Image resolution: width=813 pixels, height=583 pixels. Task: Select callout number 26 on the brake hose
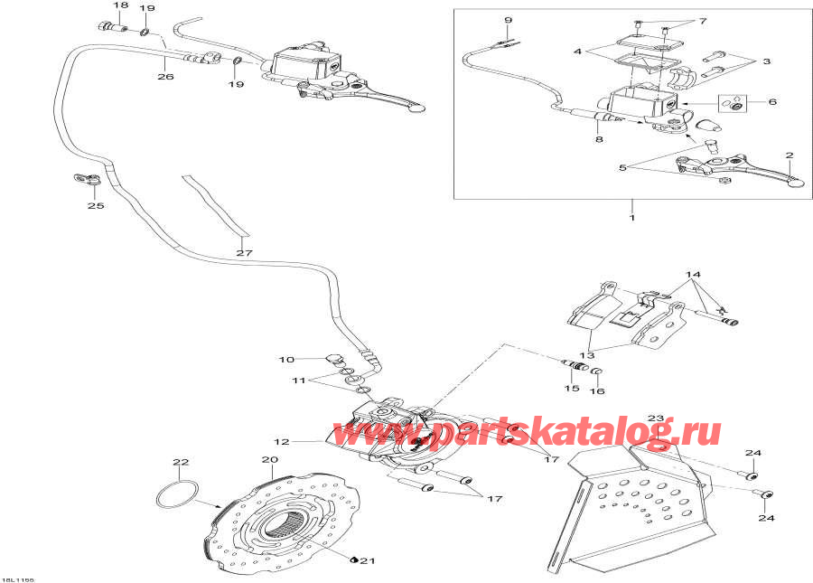[x=164, y=78]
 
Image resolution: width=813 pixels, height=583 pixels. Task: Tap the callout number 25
[x=96, y=206]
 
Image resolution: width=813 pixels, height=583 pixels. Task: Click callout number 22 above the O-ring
[x=181, y=463]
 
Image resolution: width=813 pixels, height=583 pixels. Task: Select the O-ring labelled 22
[x=174, y=494]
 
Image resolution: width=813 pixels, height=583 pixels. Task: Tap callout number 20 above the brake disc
[x=269, y=459]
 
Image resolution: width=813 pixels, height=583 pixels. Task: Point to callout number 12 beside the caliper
[x=282, y=442]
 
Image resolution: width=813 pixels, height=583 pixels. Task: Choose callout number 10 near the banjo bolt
[x=286, y=360]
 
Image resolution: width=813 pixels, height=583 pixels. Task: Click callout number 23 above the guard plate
[x=656, y=418]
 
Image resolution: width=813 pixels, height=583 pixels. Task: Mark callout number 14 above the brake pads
[x=692, y=275]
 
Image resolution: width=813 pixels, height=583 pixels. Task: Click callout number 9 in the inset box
[x=508, y=20]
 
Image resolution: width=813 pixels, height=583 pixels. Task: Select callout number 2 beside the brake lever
[x=789, y=155]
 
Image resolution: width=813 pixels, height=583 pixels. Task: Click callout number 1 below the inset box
[x=632, y=218]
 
